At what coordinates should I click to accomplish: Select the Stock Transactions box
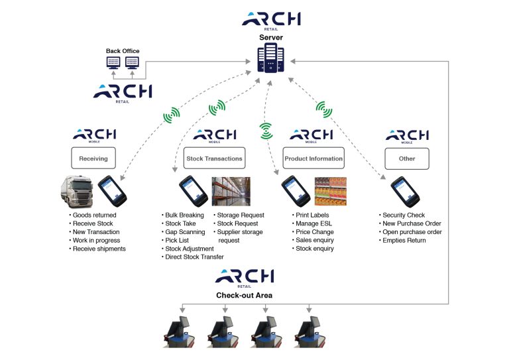(213, 158)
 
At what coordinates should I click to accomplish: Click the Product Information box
(313, 158)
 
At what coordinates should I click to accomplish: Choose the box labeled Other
(407, 158)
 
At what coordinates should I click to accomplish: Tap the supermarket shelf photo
(329, 192)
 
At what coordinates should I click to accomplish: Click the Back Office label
(123, 51)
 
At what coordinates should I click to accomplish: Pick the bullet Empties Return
(406, 240)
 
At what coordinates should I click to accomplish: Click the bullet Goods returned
(94, 215)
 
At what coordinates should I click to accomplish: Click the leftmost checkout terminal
(182, 331)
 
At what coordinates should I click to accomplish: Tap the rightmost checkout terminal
(309, 331)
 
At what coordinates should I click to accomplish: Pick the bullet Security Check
(406, 215)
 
